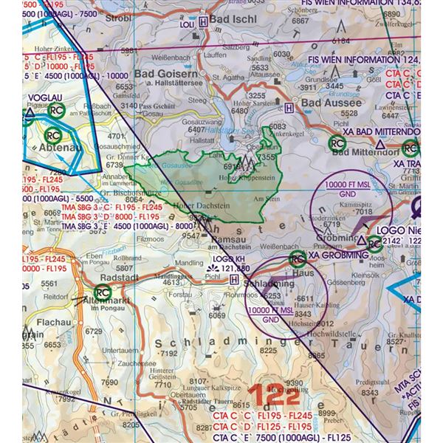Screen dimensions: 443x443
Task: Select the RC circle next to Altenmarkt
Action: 102,293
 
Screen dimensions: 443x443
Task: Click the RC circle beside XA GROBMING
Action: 298,258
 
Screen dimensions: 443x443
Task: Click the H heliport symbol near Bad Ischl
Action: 203,22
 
